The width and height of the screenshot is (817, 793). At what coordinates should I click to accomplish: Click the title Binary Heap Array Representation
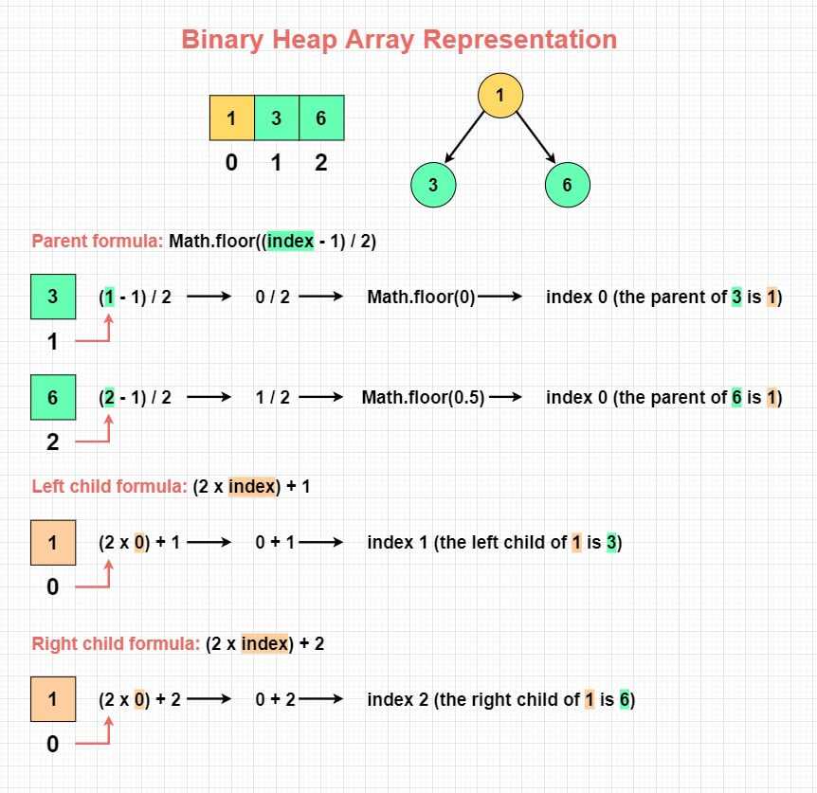[399, 40]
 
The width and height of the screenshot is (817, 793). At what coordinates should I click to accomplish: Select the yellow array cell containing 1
[232, 117]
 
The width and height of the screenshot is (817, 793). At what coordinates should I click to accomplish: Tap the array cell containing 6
[321, 117]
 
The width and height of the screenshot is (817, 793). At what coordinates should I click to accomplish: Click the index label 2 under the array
[321, 163]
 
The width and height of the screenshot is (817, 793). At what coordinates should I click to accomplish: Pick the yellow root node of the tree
[500, 96]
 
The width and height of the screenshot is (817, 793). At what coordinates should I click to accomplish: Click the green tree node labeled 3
[433, 185]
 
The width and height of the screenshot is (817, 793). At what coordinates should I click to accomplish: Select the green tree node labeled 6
[568, 185]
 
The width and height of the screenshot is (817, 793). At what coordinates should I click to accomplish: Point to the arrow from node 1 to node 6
[536, 137]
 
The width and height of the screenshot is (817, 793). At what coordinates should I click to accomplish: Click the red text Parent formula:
[98, 241]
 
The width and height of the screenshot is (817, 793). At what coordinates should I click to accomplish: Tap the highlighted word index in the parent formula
[290, 241]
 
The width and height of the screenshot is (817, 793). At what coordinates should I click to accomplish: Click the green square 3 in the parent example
[53, 297]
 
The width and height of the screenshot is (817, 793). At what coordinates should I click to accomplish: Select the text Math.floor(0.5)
[423, 398]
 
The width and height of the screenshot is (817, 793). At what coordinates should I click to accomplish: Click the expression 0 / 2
[273, 297]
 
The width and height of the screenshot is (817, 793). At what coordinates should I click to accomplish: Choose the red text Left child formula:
[109, 486]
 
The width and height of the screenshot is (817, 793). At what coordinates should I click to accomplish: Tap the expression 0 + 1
[275, 543]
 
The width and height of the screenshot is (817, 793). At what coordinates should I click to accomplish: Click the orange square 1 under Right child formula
[53, 699]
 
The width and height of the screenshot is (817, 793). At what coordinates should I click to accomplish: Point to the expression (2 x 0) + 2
[139, 699]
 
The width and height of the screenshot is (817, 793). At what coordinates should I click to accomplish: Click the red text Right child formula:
[116, 643]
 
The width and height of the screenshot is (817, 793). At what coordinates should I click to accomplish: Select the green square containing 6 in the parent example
[53, 397]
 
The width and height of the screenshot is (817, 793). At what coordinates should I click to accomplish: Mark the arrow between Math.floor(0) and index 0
[500, 297]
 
